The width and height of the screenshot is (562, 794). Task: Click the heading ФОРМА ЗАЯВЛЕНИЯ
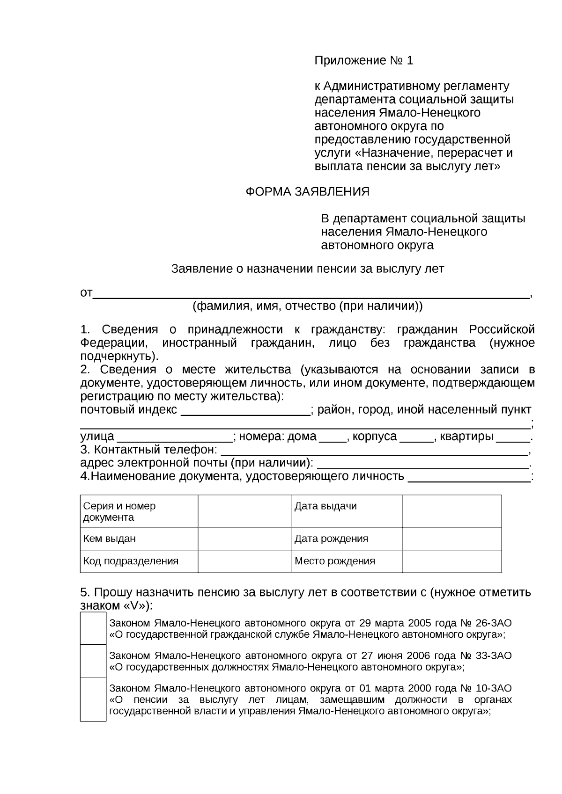pyautogui.click(x=308, y=191)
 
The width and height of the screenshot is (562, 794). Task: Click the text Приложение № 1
pyautogui.click(x=363, y=60)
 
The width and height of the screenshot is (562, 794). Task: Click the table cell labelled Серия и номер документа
pyautogui.click(x=139, y=511)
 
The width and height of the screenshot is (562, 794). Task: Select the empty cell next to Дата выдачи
pyautogui.click(x=451, y=511)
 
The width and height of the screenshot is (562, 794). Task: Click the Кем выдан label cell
pyautogui.click(x=139, y=539)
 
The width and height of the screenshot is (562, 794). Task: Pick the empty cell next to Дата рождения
pyautogui.click(x=451, y=539)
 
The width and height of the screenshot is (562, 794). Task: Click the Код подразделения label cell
pyautogui.click(x=139, y=561)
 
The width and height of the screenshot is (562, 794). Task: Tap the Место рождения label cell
pyautogui.click(x=347, y=561)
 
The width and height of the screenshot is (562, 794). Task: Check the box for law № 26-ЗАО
pyautogui.click(x=93, y=628)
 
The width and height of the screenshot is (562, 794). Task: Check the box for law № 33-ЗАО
pyautogui.click(x=93, y=661)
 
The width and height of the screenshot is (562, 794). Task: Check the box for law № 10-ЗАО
pyautogui.click(x=93, y=699)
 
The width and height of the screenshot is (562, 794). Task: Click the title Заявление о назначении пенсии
pyautogui.click(x=308, y=269)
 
